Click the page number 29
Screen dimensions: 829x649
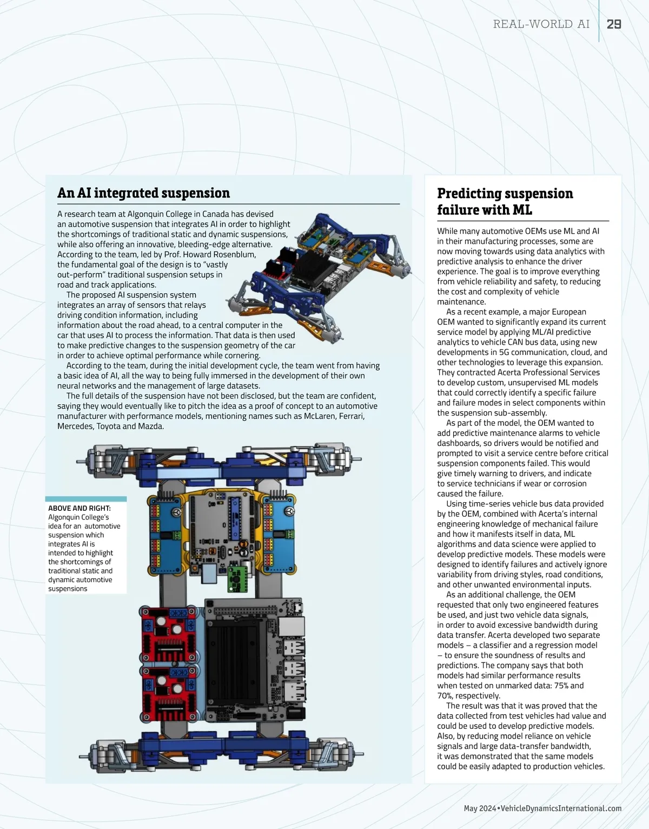pos(614,24)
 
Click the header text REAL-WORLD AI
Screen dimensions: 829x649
pos(541,24)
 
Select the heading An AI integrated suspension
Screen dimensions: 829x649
pos(143,193)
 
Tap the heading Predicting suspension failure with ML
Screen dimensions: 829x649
pos(505,201)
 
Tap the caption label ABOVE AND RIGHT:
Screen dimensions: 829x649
pos(79,508)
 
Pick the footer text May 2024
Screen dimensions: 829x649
pos(480,808)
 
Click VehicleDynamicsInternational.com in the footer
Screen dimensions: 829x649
pos(561,808)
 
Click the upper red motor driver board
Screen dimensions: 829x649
pos(169,635)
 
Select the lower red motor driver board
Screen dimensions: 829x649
pos(169,693)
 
